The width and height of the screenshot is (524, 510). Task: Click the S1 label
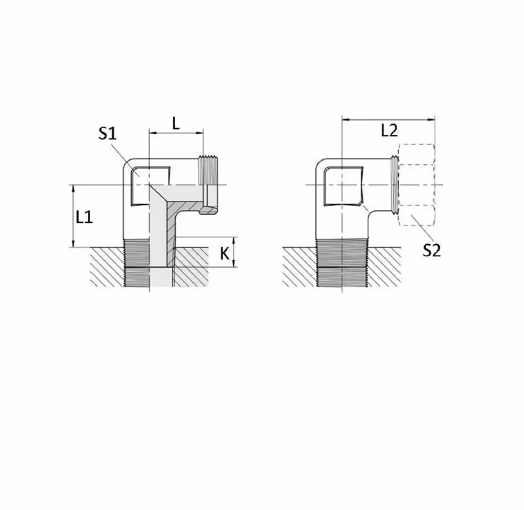pyautogui.click(x=107, y=133)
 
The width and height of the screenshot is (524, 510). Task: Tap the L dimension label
pyautogui.click(x=176, y=124)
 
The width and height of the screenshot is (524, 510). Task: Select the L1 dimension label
pyautogui.click(x=84, y=217)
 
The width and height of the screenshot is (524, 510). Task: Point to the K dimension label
pyautogui.click(x=225, y=254)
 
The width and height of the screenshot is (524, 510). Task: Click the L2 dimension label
pyautogui.click(x=389, y=130)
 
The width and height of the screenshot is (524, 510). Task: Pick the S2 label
pyautogui.click(x=431, y=250)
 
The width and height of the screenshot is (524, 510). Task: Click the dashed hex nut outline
pyautogui.click(x=417, y=185)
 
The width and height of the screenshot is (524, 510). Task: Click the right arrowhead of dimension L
pyautogui.click(x=200, y=133)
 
